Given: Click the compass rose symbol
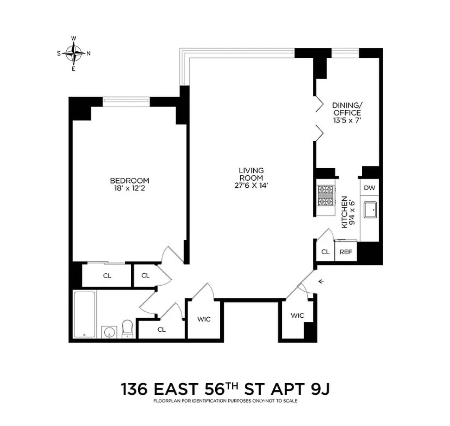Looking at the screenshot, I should tap(74, 53).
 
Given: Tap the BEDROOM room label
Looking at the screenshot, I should tap(129, 181).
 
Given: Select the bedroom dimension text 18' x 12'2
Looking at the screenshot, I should tap(129, 188).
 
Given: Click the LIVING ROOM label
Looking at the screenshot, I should tap(251, 174).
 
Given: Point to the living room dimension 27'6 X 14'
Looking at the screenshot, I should tap(251, 185).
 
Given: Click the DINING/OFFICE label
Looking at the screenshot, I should tap(346, 109).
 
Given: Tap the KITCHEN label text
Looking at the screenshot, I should tap(345, 212).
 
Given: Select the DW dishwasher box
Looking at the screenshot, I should tap(369, 188).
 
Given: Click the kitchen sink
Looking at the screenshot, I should tap(370, 210).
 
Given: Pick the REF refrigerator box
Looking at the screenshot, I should tap(346, 252).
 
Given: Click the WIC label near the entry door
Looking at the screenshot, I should tap(297, 316).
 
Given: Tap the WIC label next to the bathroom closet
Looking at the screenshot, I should tap(204, 319).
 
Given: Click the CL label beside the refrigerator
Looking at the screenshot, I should tap(325, 252).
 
